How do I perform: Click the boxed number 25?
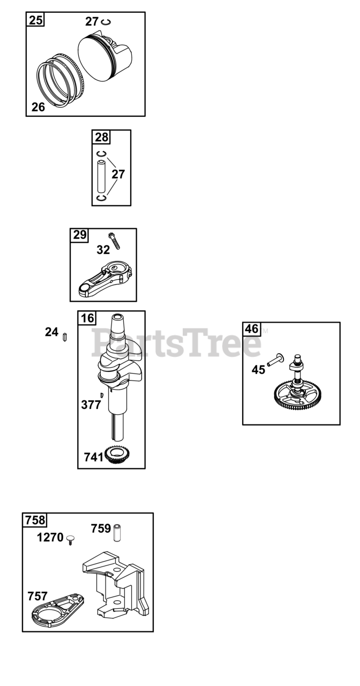click(x=36, y=20)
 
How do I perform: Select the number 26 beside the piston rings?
click(x=38, y=107)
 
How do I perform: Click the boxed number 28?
click(x=101, y=137)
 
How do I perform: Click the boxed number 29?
click(x=80, y=235)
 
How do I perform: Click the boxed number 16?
click(x=87, y=318)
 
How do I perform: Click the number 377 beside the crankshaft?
click(x=91, y=405)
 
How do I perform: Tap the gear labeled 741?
click(x=118, y=456)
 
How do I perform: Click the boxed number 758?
click(x=35, y=520)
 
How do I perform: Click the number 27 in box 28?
click(x=118, y=174)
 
